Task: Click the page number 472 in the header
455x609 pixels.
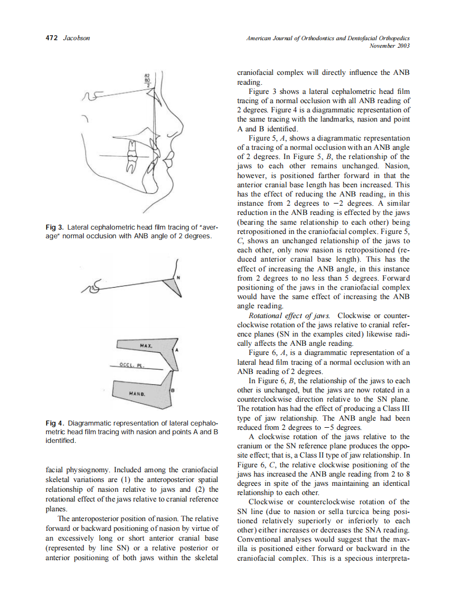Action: pos(50,38)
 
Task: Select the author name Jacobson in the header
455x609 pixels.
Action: pos(77,38)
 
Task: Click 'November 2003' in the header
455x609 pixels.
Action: pos(389,46)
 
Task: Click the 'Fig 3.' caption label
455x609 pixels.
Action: pos(55,227)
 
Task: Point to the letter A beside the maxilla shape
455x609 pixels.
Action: pos(176,350)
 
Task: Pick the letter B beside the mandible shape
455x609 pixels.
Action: pos(173,391)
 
